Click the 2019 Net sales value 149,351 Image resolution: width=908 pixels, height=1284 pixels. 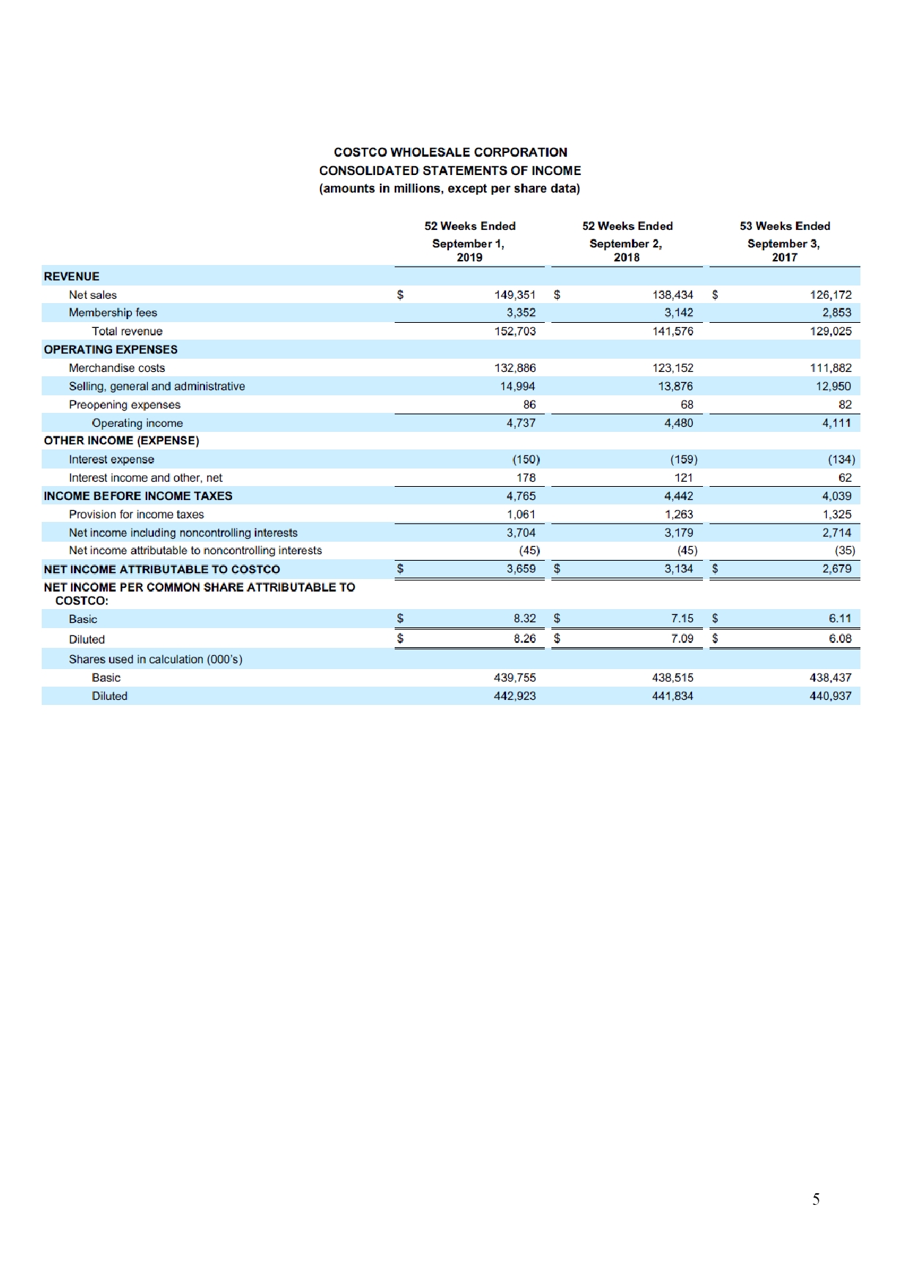pos(515,295)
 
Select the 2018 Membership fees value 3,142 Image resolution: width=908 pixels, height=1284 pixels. pos(678,313)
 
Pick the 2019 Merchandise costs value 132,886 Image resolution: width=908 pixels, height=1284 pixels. pos(515,368)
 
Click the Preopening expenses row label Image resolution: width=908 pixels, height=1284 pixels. pos(124,405)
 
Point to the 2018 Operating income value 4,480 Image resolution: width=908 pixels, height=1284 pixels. pos(678,423)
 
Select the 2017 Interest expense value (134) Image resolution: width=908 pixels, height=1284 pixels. pos(841,460)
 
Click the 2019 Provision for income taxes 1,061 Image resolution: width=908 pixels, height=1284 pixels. pos(521,515)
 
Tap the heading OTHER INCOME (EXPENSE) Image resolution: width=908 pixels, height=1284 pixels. pos(122,441)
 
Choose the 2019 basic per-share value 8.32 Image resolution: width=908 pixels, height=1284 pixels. pos(524,619)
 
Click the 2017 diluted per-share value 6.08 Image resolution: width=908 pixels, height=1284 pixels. pos(840,638)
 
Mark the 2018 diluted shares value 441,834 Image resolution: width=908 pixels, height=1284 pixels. pos(672,696)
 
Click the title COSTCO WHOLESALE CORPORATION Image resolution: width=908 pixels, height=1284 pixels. pos(450,152)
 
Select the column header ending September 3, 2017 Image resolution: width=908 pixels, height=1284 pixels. pos(784,242)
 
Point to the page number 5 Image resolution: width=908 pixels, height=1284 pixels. pos(816,1199)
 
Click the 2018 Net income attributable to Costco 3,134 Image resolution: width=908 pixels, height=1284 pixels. pos(678,569)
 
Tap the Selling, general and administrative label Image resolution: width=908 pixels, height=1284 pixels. pos(157,387)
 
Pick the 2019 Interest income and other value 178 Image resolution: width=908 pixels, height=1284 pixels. pos(526,478)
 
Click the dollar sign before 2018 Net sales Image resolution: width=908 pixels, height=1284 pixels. pos(557,295)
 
